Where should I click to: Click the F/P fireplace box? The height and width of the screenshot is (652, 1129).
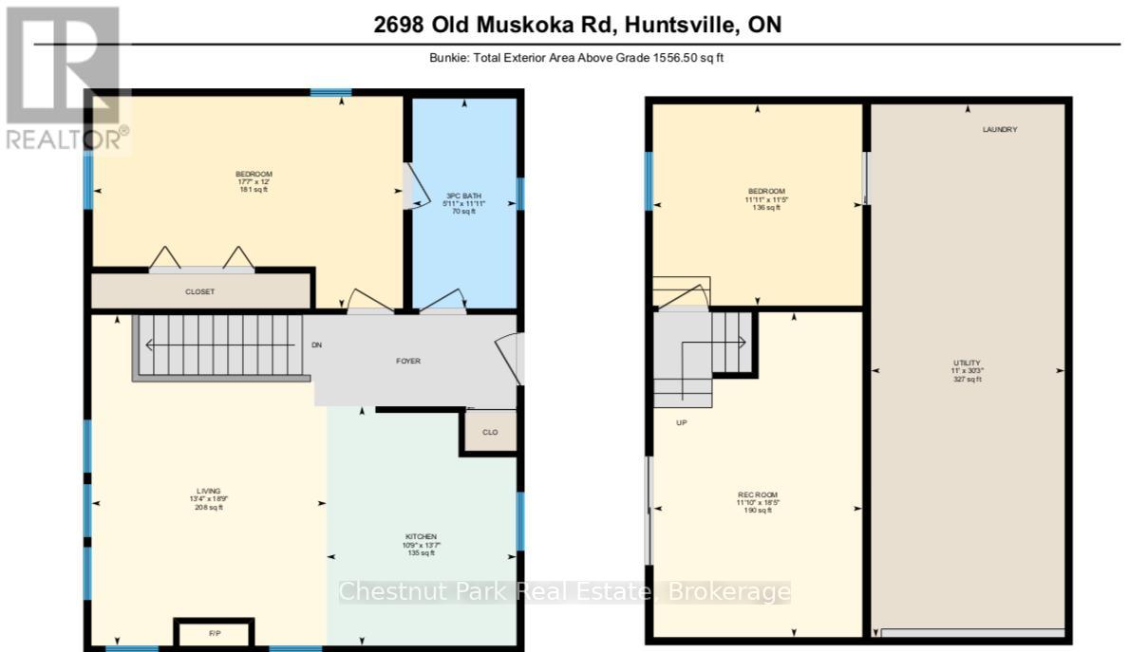pos(213,632)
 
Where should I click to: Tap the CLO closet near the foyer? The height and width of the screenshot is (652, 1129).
pos(490,432)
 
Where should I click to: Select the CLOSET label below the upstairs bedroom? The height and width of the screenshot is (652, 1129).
pos(199,291)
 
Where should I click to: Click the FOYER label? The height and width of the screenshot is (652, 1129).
pos(408,361)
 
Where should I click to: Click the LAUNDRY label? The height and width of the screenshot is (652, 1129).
pos(999,129)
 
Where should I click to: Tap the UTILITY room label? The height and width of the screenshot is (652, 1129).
pos(967,363)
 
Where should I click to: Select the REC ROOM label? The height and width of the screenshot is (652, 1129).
pos(757,494)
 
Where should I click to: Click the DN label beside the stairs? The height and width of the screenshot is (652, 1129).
pos(317,345)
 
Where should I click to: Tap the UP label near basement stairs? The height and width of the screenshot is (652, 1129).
pos(681,422)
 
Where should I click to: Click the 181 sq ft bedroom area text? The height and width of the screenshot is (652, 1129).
pos(254,190)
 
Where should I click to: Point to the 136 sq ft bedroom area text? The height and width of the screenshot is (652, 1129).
pos(765,208)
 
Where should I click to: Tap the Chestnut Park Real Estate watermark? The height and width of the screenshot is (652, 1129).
pos(564,592)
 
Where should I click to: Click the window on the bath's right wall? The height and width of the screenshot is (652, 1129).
pos(520,194)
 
